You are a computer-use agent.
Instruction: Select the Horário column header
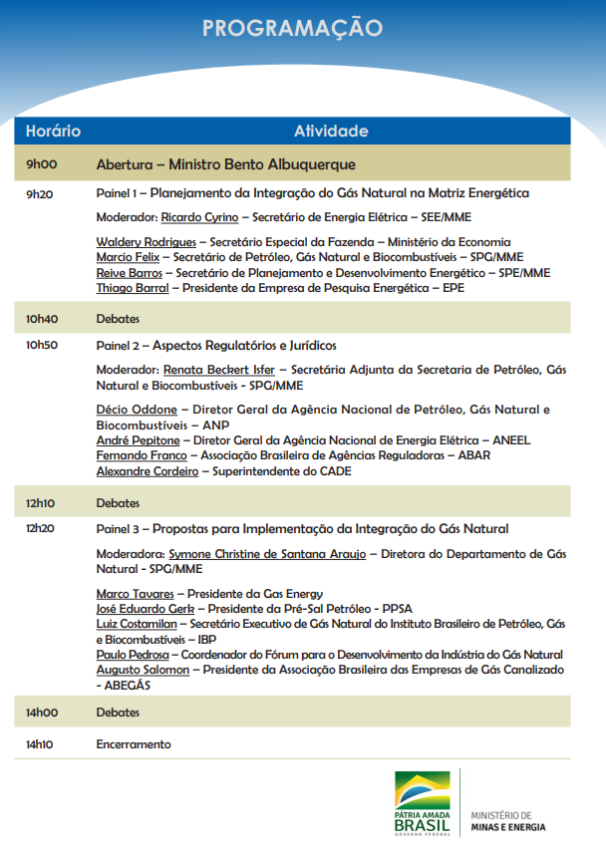[x=53, y=132]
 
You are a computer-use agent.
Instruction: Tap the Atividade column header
[x=331, y=132]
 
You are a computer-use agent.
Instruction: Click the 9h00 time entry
[x=41, y=164]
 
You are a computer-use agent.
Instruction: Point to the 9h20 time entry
[x=40, y=193]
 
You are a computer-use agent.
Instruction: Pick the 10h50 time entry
[x=42, y=345]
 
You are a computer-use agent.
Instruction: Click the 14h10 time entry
[x=40, y=744]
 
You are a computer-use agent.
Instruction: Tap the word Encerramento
[x=134, y=744]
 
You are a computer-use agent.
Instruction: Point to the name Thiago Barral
[x=133, y=288]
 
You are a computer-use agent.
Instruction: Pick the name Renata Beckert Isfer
[x=218, y=370]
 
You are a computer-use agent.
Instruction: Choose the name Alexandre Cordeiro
[x=147, y=471]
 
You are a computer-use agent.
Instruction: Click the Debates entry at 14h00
[x=118, y=712]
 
